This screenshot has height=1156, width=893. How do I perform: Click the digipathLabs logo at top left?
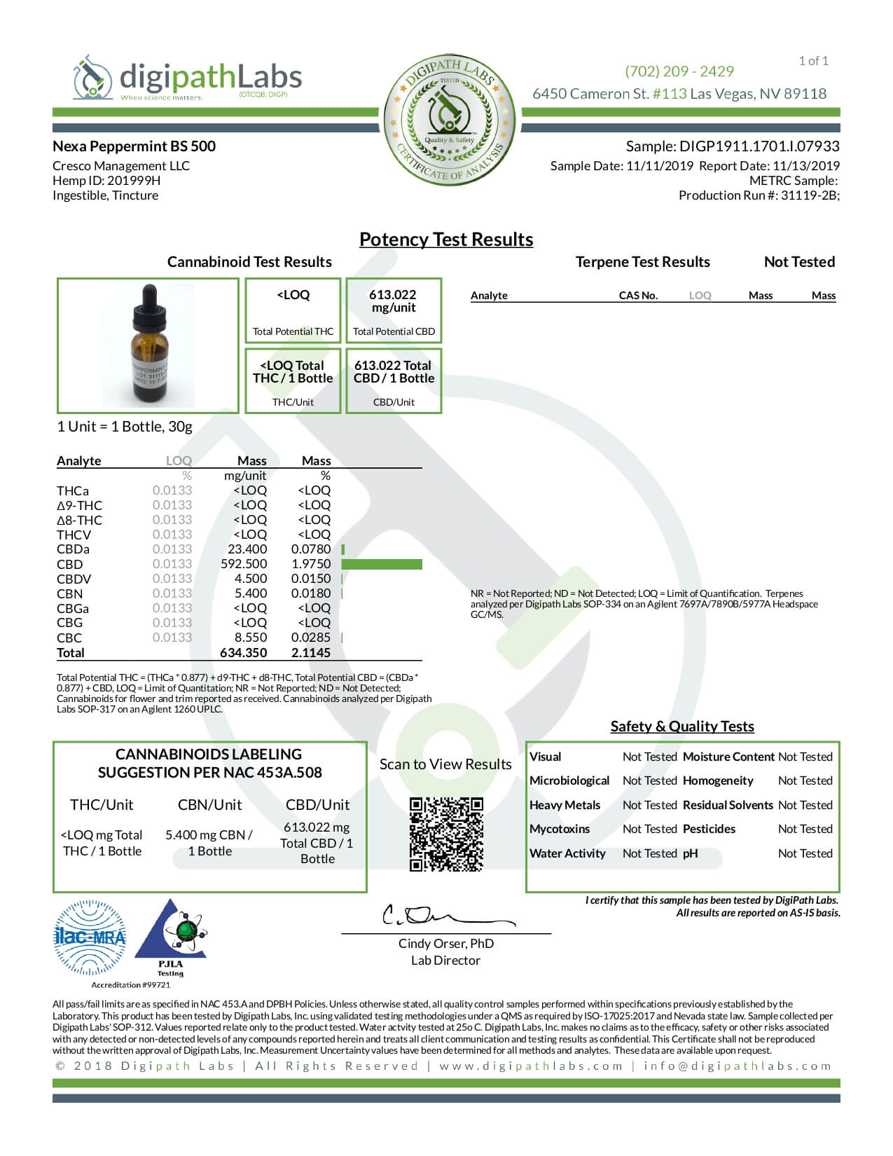188,78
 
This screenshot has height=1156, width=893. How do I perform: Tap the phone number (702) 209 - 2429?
679,71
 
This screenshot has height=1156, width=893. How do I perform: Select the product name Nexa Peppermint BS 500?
134,146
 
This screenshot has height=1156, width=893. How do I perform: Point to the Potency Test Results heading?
446,240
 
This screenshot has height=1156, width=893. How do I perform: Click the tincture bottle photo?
148,345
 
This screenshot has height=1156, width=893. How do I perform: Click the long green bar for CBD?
382,564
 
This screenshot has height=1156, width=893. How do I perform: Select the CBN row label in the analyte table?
69,593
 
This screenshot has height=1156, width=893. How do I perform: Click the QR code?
446,834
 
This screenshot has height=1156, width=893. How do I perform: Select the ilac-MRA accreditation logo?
90,937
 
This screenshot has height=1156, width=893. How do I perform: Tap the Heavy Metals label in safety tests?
565,805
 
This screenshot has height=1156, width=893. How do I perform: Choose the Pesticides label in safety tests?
709,829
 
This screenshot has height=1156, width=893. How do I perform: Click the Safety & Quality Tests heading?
682,727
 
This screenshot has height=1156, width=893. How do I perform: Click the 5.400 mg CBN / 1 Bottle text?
209,843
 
